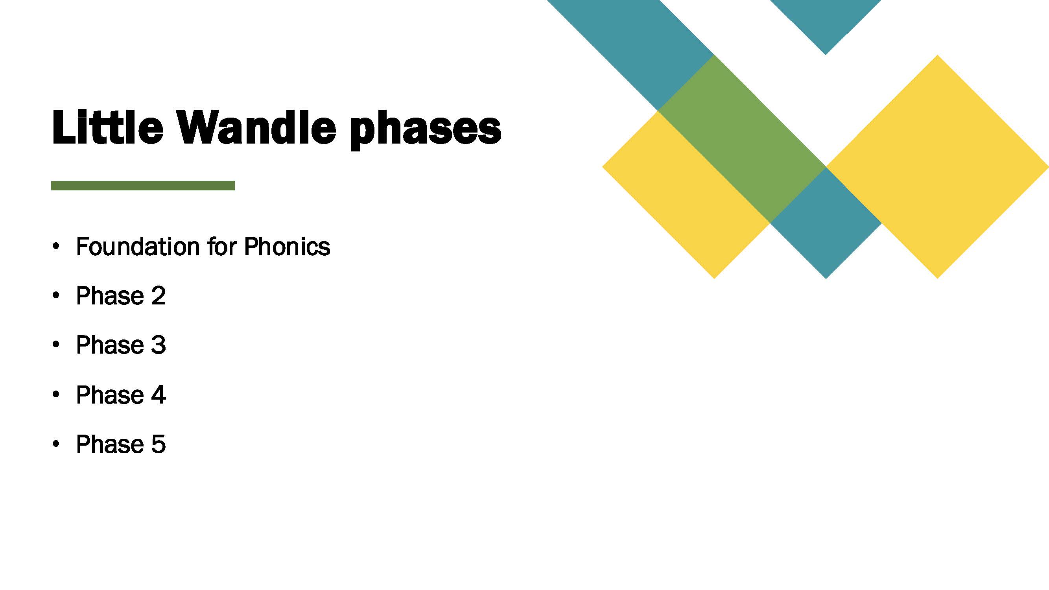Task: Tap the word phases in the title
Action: tap(426, 130)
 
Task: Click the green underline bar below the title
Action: tap(143, 186)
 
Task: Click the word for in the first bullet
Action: tap(222, 246)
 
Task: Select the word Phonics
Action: tap(287, 246)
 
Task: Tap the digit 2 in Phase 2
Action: tap(159, 296)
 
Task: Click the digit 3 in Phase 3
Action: tap(159, 345)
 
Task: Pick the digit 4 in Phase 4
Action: tap(159, 395)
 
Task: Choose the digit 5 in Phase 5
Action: tap(159, 444)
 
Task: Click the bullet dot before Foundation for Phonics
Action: tap(56, 246)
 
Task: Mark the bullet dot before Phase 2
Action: tap(56, 296)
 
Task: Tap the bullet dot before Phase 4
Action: tap(56, 395)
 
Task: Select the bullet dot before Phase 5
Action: tap(56, 444)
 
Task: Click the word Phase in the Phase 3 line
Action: tap(110, 345)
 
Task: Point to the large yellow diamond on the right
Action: tap(937, 167)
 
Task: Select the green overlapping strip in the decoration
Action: tap(742, 139)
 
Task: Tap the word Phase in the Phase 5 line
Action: tap(110, 444)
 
